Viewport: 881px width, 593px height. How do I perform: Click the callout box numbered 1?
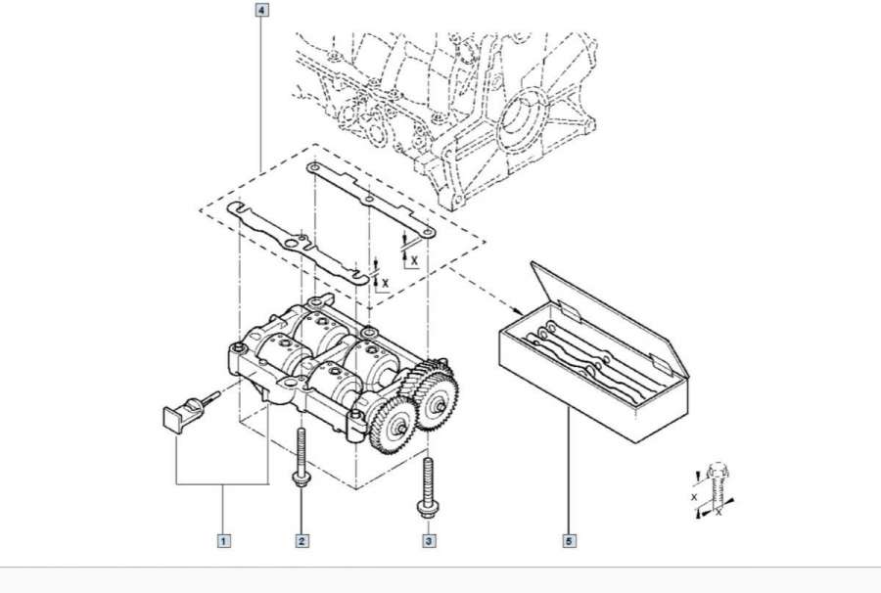pyautogui.click(x=224, y=539)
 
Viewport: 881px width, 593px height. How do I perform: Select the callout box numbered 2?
pyautogui.click(x=302, y=539)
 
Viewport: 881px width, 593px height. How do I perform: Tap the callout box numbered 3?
pyautogui.click(x=428, y=539)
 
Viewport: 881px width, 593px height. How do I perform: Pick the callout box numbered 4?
pyautogui.click(x=261, y=12)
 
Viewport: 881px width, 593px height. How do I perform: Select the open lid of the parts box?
pyautogui.click(x=612, y=313)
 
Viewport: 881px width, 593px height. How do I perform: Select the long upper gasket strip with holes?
pyautogui.click(x=372, y=201)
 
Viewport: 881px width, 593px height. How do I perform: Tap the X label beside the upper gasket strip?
pyautogui.click(x=415, y=260)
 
